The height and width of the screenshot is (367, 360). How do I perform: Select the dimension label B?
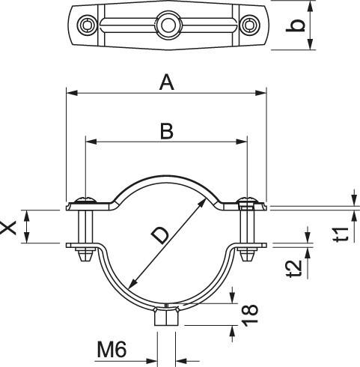pyautogui.click(x=167, y=131)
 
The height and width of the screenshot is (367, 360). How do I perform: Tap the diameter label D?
pyautogui.click(x=160, y=236)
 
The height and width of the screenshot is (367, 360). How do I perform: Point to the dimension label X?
pyautogui.click(x=8, y=228)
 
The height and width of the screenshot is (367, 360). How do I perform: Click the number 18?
pyautogui.click(x=250, y=315)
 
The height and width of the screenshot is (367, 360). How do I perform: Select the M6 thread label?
pyautogui.click(x=112, y=350)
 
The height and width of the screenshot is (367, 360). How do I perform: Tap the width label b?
pyautogui.click(x=296, y=25)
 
